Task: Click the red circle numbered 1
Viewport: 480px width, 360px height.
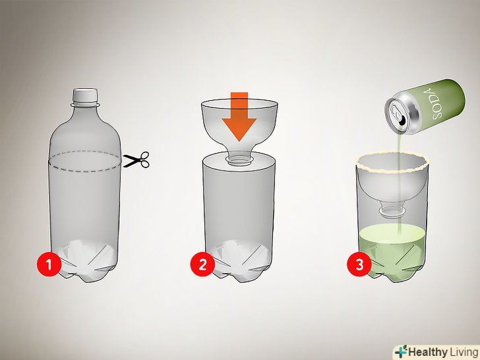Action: click(x=49, y=264)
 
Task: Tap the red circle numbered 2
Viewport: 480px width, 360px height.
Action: click(x=202, y=264)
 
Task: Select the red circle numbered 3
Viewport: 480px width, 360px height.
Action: click(x=359, y=264)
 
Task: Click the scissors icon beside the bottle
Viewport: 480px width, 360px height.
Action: click(x=136, y=160)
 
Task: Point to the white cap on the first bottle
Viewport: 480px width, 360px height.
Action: click(x=85, y=95)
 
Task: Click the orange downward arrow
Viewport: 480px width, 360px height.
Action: click(x=239, y=117)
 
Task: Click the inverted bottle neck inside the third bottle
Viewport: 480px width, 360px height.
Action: click(x=392, y=210)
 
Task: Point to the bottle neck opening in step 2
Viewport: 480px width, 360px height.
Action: click(x=239, y=159)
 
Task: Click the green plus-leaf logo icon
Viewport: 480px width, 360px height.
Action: click(x=401, y=351)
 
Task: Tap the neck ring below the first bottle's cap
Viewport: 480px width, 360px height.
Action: click(x=86, y=105)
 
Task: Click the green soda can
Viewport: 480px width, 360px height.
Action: click(x=425, y=106)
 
